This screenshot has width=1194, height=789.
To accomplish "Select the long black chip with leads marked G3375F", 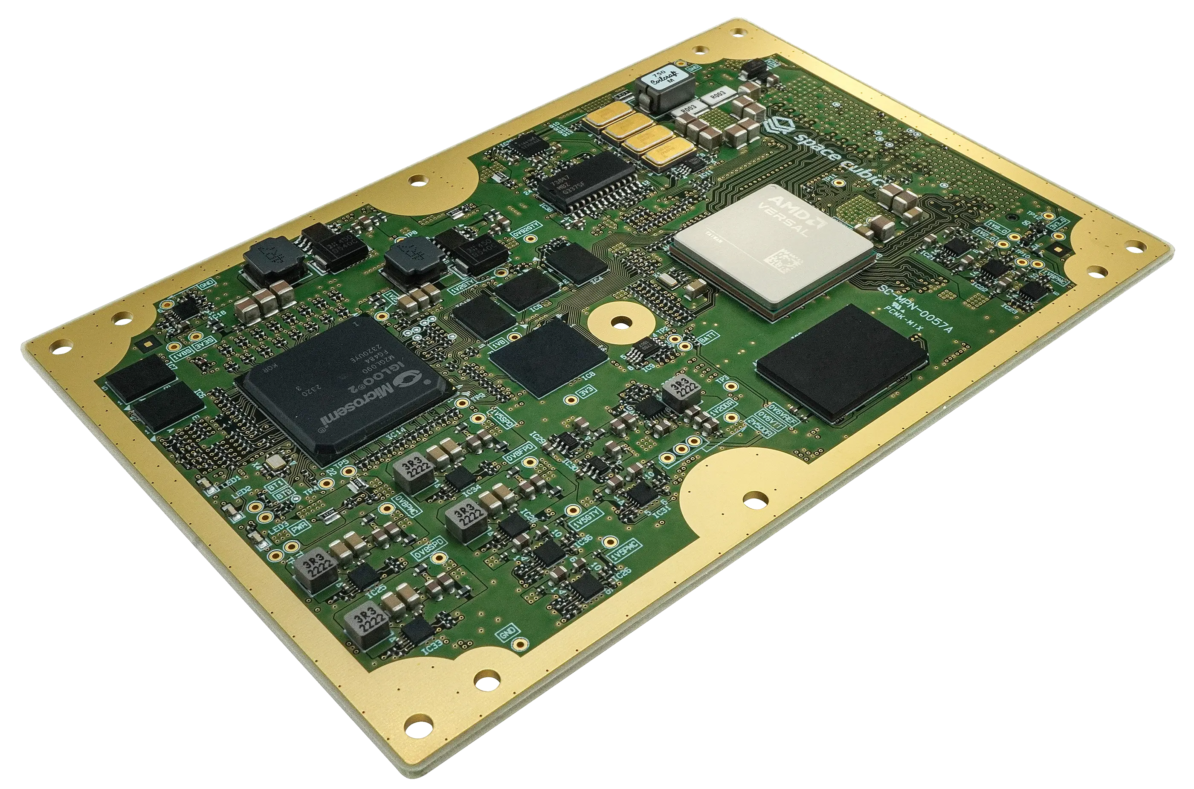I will click(589, 181).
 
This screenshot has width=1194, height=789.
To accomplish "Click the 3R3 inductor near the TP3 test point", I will click(681, 392).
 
